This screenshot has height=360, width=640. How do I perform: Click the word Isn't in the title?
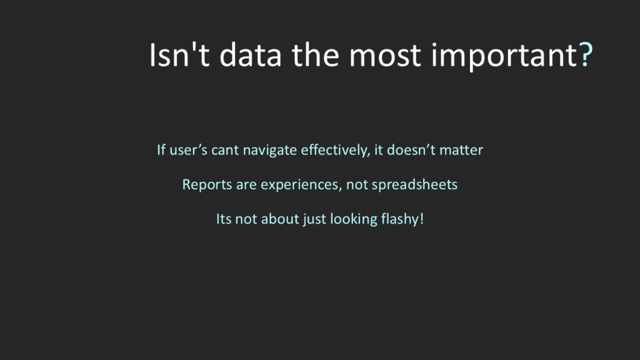179,55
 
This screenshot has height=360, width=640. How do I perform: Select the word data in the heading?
250,55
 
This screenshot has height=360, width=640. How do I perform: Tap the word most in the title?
384,56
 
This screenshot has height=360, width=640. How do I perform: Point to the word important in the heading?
504,57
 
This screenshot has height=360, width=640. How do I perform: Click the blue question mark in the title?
586,55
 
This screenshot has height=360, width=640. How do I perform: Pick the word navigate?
270,151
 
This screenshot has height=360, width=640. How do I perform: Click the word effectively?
336,151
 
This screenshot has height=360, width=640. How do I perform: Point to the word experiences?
301,185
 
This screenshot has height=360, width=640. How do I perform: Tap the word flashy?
399,219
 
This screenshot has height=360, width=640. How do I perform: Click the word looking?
354,219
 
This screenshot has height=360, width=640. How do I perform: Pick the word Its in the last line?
224,219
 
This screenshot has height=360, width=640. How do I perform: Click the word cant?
225,151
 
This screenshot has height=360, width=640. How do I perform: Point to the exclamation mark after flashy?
422,219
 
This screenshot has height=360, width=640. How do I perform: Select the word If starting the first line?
161,150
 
